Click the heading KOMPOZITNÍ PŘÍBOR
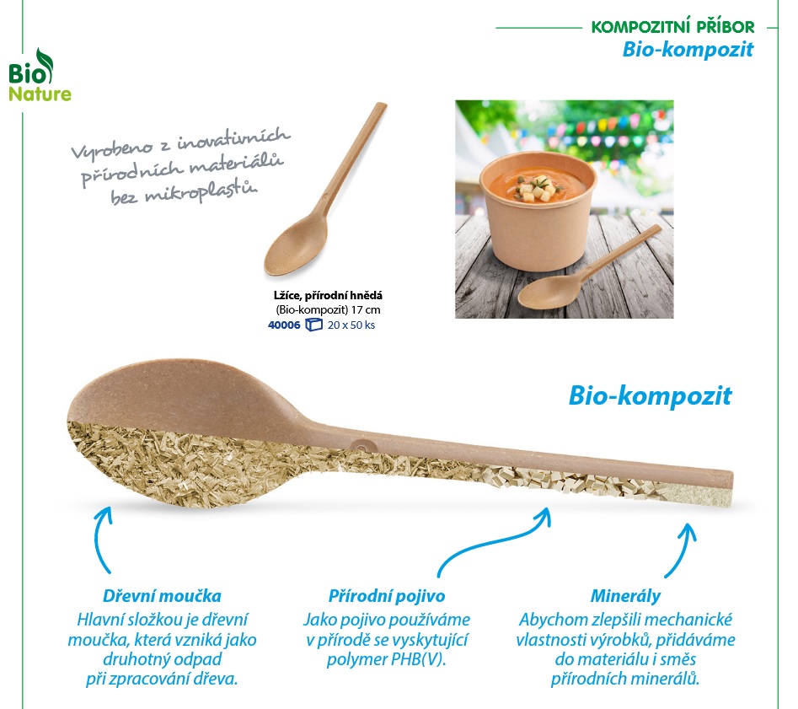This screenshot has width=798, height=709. coord(672,26)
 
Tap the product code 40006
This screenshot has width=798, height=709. coord(284,325)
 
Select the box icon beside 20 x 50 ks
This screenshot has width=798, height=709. coord(313,325)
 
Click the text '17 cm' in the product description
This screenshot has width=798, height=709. coord(366,309)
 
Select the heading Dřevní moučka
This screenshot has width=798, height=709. coord(162,596)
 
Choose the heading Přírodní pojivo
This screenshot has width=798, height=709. coord(387,596)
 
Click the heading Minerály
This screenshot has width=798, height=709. coord(625,596)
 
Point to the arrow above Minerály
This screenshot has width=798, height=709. coord(684,549)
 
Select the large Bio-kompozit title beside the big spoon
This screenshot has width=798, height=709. coord(650,395)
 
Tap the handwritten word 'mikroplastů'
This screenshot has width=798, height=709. coord(201,192)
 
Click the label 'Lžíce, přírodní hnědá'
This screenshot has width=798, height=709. coord(328,295)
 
